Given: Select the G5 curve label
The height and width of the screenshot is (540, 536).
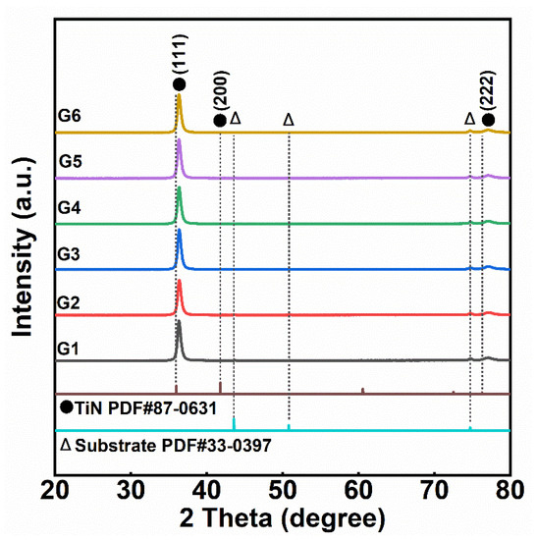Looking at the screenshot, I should coord(70,161).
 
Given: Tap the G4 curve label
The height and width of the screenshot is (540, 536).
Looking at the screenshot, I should coord(70,207).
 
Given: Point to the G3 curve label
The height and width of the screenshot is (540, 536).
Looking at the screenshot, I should coord(70,253).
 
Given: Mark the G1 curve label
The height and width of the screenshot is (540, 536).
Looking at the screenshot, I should coord(70,345).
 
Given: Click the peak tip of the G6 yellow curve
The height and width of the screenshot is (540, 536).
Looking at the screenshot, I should coord(178,95).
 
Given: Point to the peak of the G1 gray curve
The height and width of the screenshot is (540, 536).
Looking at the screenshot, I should coord(178,321).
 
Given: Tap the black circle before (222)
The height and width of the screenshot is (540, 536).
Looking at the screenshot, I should coord(488,120).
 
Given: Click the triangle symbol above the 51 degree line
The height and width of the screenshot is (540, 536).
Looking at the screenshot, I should coord(289,119).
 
